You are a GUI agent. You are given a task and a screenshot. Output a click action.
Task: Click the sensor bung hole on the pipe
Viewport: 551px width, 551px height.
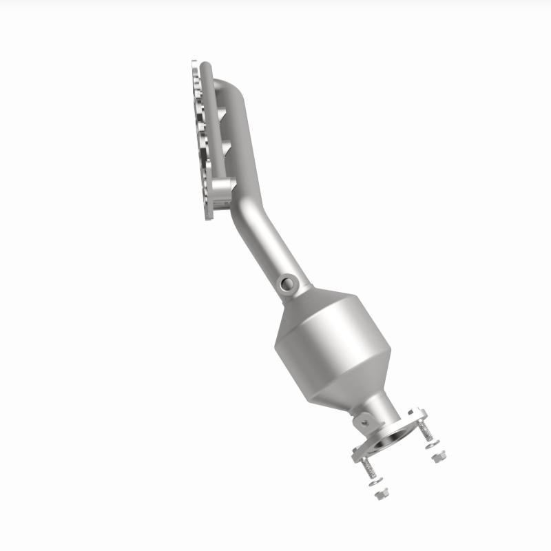pos(286,282)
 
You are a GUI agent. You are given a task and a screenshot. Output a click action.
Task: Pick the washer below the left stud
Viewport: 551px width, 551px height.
pos(375,482)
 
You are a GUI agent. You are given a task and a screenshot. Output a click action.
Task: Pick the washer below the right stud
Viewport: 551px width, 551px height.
pos(432,445)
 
